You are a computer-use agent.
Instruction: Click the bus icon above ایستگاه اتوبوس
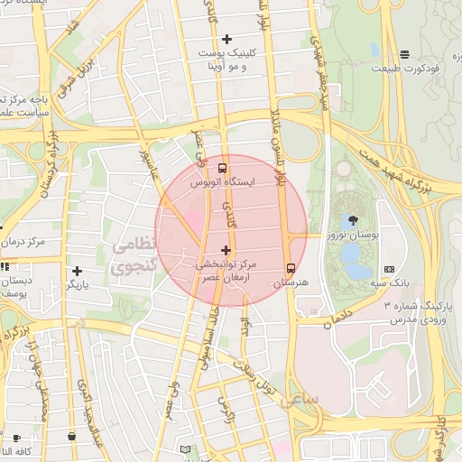(x=223, y=168)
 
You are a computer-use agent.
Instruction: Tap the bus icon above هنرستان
(x=291, y=268)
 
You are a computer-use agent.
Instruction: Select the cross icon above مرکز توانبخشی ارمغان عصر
(x=226, y=250)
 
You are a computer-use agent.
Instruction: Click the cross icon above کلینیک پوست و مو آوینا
(x=226, y=39)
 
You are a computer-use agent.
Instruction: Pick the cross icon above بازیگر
(x=77, y=271)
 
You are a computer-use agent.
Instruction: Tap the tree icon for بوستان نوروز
(x=351, y=219)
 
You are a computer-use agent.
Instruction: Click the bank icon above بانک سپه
(x=389, y=269)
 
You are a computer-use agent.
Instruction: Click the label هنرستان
(x=291, y=282)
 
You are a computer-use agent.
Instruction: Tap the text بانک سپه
(x=389, y=283)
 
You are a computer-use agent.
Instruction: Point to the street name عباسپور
(x=145, y=164)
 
